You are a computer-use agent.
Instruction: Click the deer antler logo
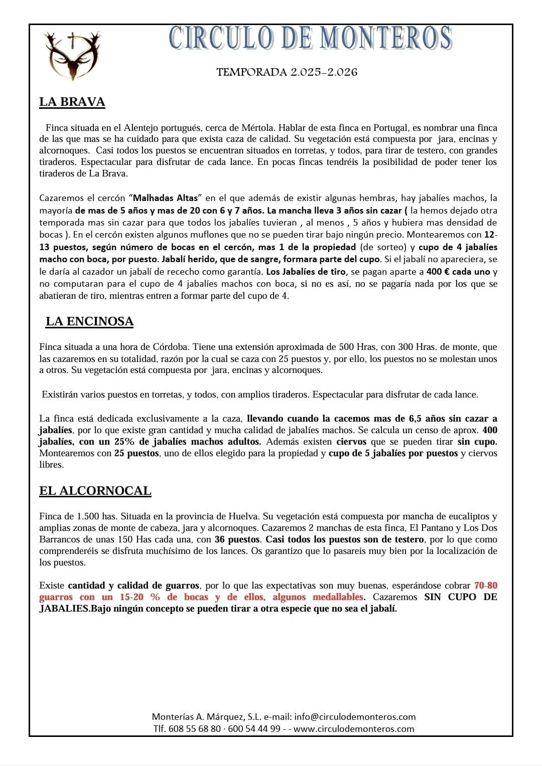point(72,56)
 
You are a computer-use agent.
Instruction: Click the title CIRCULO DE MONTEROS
point(311,39)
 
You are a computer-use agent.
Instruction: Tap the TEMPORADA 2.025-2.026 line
point(287,72)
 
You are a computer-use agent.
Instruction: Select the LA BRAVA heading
point(72,102)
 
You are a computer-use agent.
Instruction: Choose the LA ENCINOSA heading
point(89,321)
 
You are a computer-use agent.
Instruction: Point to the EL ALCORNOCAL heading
point(95,491)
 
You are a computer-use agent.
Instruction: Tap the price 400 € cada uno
point(458,272)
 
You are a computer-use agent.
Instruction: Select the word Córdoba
point(167,347)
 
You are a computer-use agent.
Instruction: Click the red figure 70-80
point(485,586)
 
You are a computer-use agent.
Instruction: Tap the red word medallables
point(338,597)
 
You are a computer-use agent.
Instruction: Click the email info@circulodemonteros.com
point(355,717)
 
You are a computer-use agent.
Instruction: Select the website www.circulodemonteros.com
point(354,729)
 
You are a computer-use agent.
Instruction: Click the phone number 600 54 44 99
point(254,729)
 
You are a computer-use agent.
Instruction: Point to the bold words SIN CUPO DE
point(460,597)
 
